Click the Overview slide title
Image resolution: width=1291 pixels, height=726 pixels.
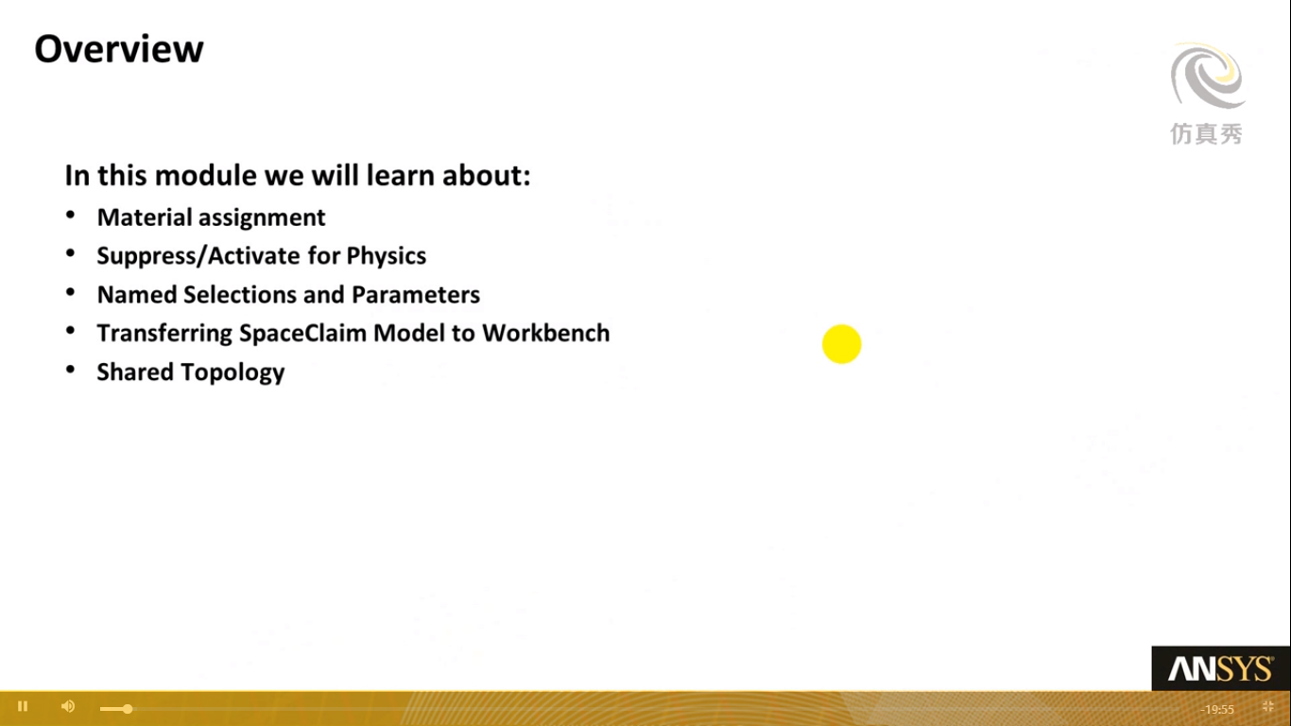[x=119, y=49]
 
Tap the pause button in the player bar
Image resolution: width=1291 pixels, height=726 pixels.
[x=23, y=706]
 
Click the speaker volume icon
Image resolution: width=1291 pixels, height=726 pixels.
[x=68, y=706]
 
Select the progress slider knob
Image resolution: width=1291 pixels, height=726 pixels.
[x=128, y=709]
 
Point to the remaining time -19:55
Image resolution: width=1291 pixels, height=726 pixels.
[x=1217, y=709]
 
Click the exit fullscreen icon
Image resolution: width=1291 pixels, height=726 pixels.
[x=1267, y=707]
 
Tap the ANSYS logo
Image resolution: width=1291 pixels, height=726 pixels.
[x=1221, y=669]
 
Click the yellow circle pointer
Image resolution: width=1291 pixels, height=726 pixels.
[x=841, y=344]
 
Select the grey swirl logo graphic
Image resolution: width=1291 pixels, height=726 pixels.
[x=1208, y=76]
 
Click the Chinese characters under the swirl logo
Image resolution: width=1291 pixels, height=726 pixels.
[x=1206, y=134]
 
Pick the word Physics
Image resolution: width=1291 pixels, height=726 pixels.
[x=387, y=256]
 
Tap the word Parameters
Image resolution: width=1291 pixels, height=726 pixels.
[x=416, y=295]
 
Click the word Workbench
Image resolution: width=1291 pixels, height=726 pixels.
[x=546, y=334]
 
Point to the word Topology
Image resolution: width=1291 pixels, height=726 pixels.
[x=232, y=372]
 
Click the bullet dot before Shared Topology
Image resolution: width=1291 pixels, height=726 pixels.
[x=70, y=370]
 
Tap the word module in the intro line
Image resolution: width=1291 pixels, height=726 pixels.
[x=206, y=175]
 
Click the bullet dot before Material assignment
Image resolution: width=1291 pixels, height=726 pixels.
[x=70, y=216]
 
